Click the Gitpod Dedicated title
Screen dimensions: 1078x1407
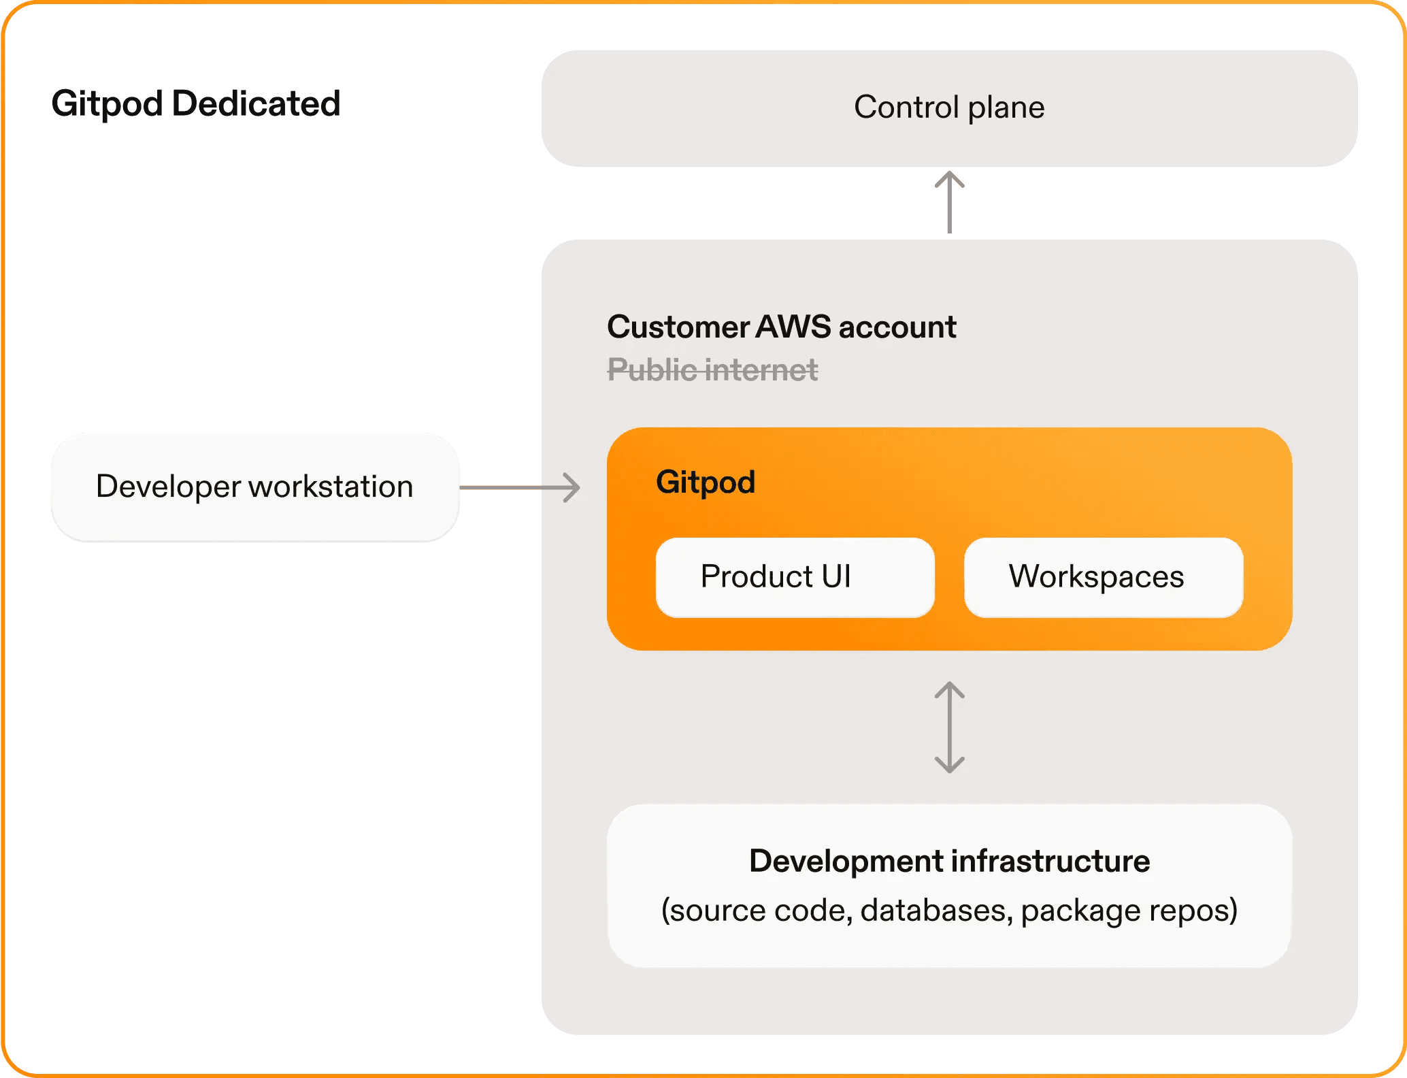(196, 104)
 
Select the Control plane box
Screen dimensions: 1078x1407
(949, 108)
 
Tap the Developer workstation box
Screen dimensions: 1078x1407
(254, 487)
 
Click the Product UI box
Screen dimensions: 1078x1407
(795, 577)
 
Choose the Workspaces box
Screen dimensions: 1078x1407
(1103, 577)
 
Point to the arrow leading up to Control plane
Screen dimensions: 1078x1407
(949, 202)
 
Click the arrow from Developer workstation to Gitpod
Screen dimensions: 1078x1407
(520, 487)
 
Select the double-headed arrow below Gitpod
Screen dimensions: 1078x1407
(949, 728)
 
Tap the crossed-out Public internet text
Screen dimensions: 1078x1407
(712, 370)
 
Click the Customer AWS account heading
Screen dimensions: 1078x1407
(781, 327)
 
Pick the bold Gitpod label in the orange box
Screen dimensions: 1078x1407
(706, 483)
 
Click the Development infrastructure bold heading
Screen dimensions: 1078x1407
(949, 862)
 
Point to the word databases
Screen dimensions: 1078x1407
(933, 911)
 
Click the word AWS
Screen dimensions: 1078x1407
(793, 327)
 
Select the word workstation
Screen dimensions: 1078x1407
(331, 487)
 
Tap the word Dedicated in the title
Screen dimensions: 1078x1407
(256, 104)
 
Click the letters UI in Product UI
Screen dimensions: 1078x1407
(836, 577)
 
